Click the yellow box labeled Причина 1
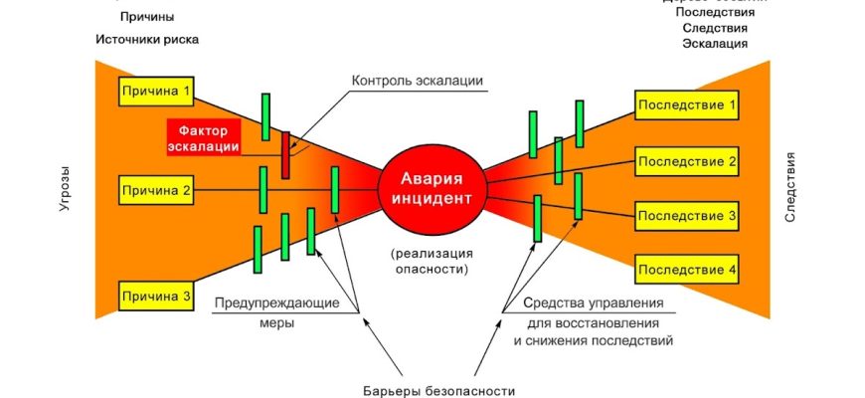tap(156, 92)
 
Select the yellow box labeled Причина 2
tap(156, 189)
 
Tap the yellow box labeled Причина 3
tap(156, 296)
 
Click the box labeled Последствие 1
tap(687, 104)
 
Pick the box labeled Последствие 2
tap(687, 160)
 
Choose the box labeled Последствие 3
tap(687, 215)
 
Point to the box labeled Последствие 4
tap(687, 269)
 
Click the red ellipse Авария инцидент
tap(431, 187)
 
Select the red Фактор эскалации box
tap(204, 137)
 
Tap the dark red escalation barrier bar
tap(285, 155)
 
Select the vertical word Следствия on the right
tap(790, 186)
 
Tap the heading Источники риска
tap(147, 40)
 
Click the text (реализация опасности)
tap(430, 260)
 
